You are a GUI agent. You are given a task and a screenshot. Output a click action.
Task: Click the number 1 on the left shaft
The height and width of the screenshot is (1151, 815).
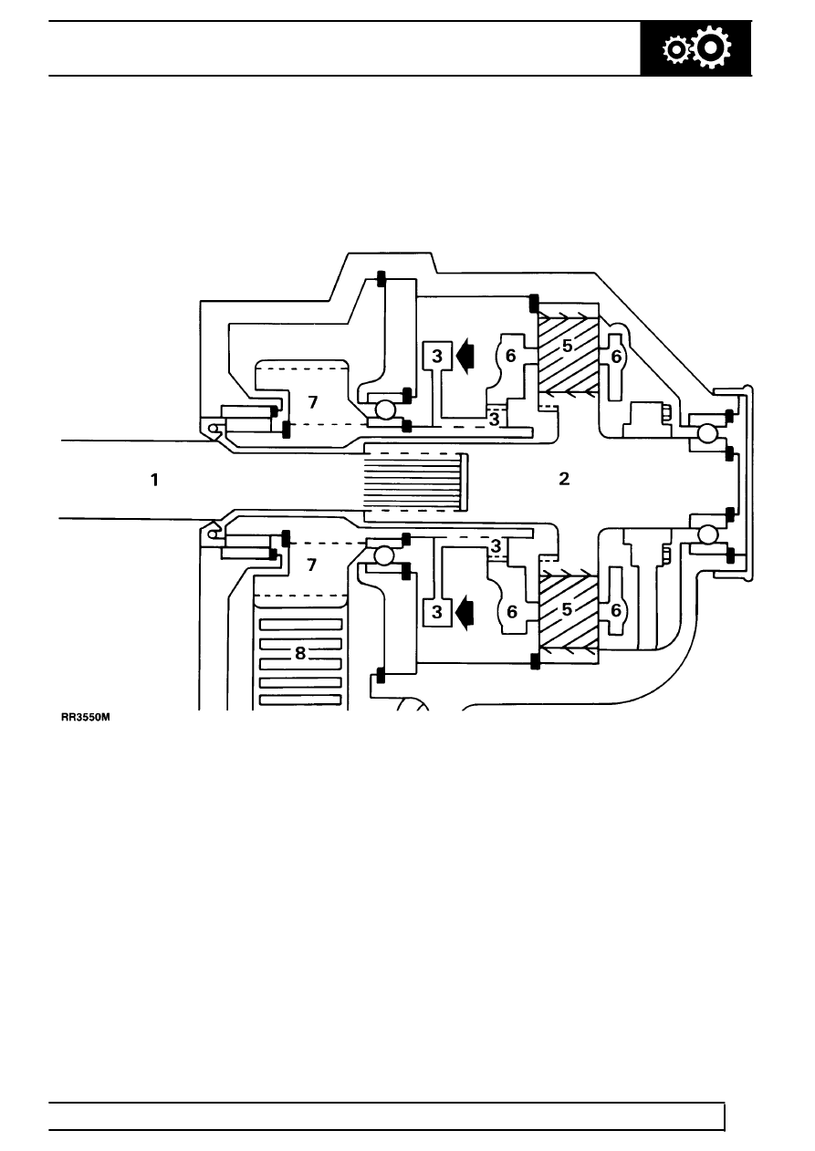155,479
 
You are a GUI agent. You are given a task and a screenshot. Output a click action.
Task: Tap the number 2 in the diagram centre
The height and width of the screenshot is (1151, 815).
564,479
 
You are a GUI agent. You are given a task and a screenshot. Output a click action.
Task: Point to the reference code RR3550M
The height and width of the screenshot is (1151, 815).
85,718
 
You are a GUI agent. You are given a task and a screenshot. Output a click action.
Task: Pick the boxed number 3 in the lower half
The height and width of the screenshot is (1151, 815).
437,612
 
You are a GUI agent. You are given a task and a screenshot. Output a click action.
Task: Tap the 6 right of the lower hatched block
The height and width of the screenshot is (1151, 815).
616,610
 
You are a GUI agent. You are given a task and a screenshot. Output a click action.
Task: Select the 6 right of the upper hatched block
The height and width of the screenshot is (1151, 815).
616,358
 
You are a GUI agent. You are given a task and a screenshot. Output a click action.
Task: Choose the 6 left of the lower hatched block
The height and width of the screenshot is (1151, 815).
512,612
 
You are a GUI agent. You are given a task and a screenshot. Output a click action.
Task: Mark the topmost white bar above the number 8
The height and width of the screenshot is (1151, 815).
299,626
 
